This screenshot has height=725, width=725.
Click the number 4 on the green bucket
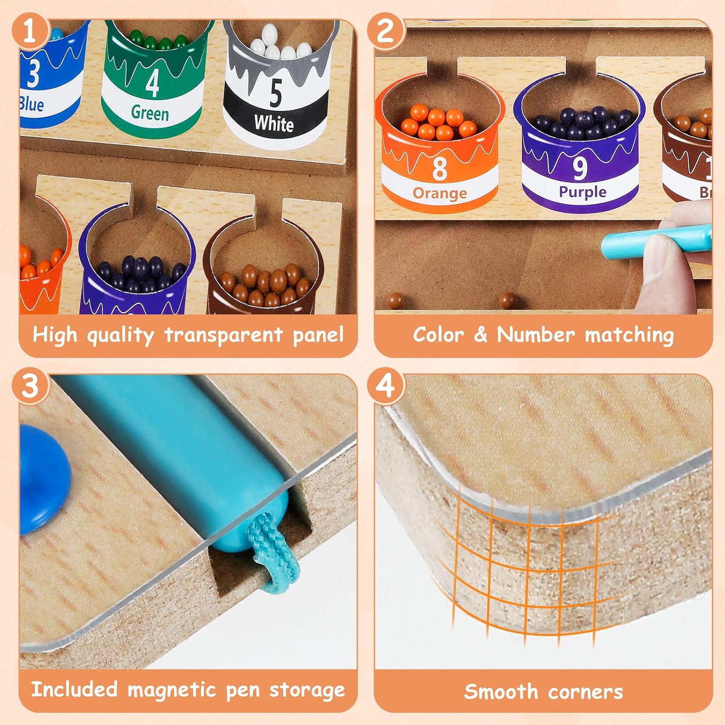pos(152,83)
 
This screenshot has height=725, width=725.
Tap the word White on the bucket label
pos(274,124)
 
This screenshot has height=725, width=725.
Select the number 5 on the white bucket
pos(275,92)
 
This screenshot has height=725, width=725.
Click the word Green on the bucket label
pos(150,113)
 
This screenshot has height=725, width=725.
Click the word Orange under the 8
pos(439,193)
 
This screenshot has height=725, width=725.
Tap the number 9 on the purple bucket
pos(580,167)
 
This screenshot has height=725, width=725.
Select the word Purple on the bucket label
pos(582,192)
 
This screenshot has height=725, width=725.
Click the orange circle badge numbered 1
pos(30,31)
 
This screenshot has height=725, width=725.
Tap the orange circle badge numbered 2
pos(385,31)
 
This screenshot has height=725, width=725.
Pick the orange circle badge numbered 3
pos(30,386)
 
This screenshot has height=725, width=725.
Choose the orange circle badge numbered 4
pos(385,386)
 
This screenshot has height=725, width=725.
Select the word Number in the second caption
pos(536,335)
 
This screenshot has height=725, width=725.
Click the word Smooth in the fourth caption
pos(501,692)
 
